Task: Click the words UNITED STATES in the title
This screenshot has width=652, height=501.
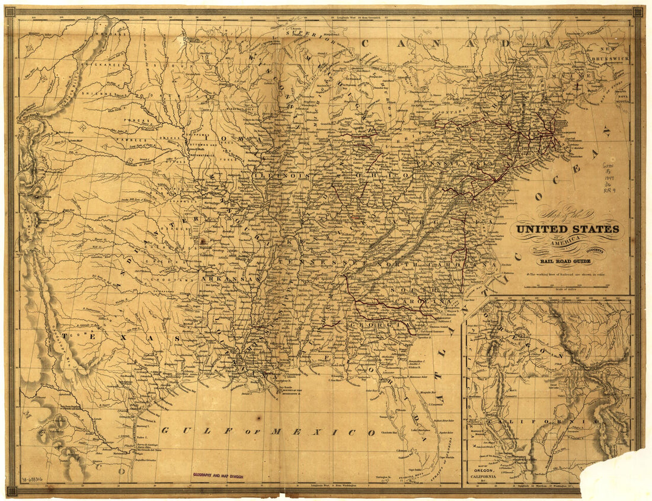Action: [x=567, y=229]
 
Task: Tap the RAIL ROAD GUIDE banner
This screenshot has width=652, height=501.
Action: [x=565, y=261]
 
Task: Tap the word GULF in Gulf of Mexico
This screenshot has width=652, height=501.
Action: [x=185, y=431]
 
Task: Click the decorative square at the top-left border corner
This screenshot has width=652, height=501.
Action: [x=11, y=11]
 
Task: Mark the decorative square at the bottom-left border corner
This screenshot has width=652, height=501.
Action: [x=11, y=490]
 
